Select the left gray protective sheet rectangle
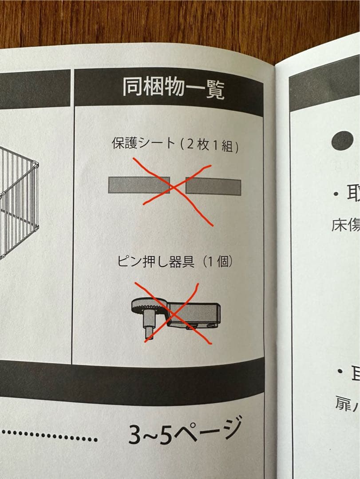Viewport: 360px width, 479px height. [x=138, y=185]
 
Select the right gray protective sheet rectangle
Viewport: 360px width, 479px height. [x=214, y=187]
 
